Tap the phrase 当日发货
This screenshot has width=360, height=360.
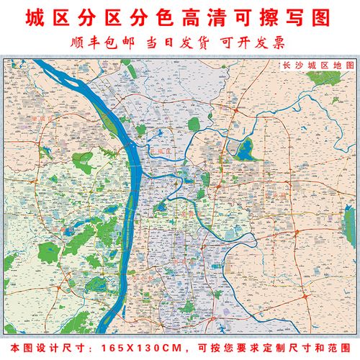click(179, 42)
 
